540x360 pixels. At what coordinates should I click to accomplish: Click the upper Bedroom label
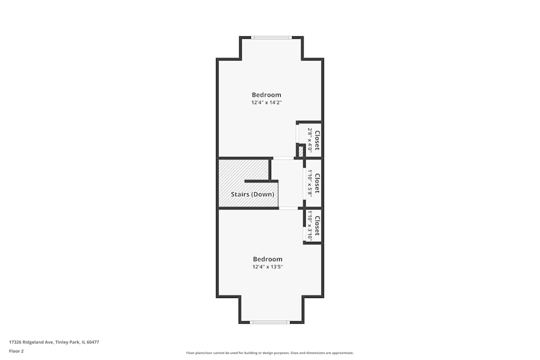pos(266,95)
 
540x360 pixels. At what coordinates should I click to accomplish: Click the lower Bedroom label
pos(267,259)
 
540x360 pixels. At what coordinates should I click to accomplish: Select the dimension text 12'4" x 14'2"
pos(266,103)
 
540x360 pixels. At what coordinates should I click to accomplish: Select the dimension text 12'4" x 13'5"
pos(267,267)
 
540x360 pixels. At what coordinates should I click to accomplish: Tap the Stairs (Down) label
pos(252,194)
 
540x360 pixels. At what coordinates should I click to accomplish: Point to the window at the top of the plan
pos(272,37)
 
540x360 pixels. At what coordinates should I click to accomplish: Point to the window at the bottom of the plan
pos(270,322)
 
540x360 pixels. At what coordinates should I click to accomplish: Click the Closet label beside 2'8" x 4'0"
pos(318,140)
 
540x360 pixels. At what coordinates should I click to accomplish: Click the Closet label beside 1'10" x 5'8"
pos(317,183)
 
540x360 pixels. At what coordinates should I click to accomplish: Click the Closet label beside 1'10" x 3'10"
pos(317,226)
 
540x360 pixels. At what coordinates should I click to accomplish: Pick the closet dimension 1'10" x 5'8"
pos(310,182)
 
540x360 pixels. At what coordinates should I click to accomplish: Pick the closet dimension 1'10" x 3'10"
pos(310,226)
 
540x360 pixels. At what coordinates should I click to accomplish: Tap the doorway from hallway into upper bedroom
pos(283,158)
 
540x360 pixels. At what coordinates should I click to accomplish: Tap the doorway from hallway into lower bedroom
pos(288,208)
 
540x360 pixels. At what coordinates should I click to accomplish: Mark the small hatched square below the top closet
pos(301,151)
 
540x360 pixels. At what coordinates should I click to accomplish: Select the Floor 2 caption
pos(16,351)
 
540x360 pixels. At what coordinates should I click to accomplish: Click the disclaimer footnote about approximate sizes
pos(270,353)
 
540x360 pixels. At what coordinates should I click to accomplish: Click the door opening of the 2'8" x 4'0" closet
pos(297,133)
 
